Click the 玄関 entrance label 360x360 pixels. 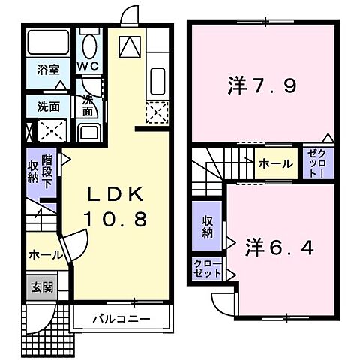(x=40, y=286)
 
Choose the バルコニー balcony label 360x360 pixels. (x=121, y=319)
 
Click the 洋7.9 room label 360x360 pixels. (x=262, y=85)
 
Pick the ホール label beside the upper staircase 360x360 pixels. (x=275, y=163)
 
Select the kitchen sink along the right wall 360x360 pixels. (x=157, y=80)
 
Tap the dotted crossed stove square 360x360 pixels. (x=157, y=112)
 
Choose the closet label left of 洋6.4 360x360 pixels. (x=206, y=268)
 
